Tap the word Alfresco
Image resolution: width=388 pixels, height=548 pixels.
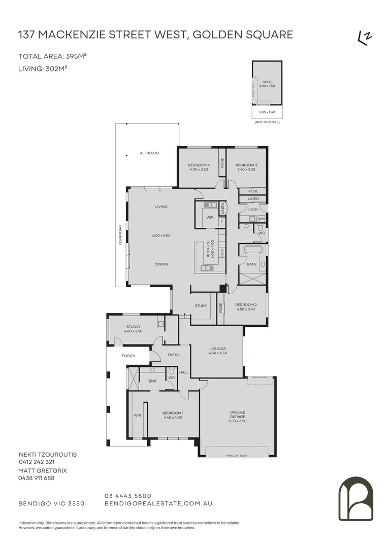point(149,153)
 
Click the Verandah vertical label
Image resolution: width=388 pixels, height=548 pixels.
point(120,236)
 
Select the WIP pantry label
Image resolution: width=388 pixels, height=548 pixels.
point(209,217)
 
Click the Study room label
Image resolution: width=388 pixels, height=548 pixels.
point(201,305)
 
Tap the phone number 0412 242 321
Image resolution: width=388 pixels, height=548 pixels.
point(36,462)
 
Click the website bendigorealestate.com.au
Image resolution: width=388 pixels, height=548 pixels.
point(158,503)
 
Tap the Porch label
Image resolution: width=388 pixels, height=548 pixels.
point(128,356)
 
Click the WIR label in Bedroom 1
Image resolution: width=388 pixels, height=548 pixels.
point(137,415)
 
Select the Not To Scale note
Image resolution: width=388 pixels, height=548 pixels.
point(267,122)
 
